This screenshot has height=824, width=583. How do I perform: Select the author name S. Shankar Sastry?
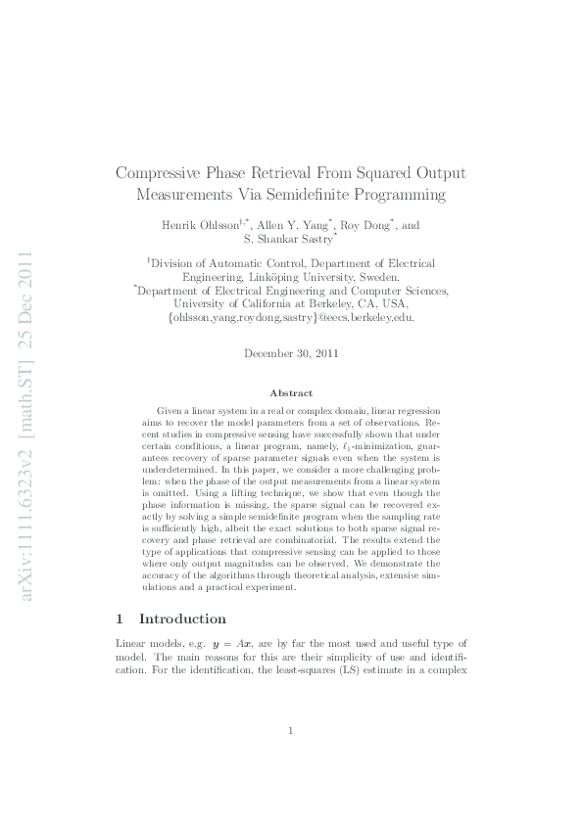click(x=288, y=241)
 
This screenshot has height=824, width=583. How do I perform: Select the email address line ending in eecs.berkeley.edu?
click(x=291, y=318)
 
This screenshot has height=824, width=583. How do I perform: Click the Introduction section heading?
click(x=182, y=618)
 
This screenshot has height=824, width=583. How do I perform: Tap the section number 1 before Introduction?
click(x=120, y=618)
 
